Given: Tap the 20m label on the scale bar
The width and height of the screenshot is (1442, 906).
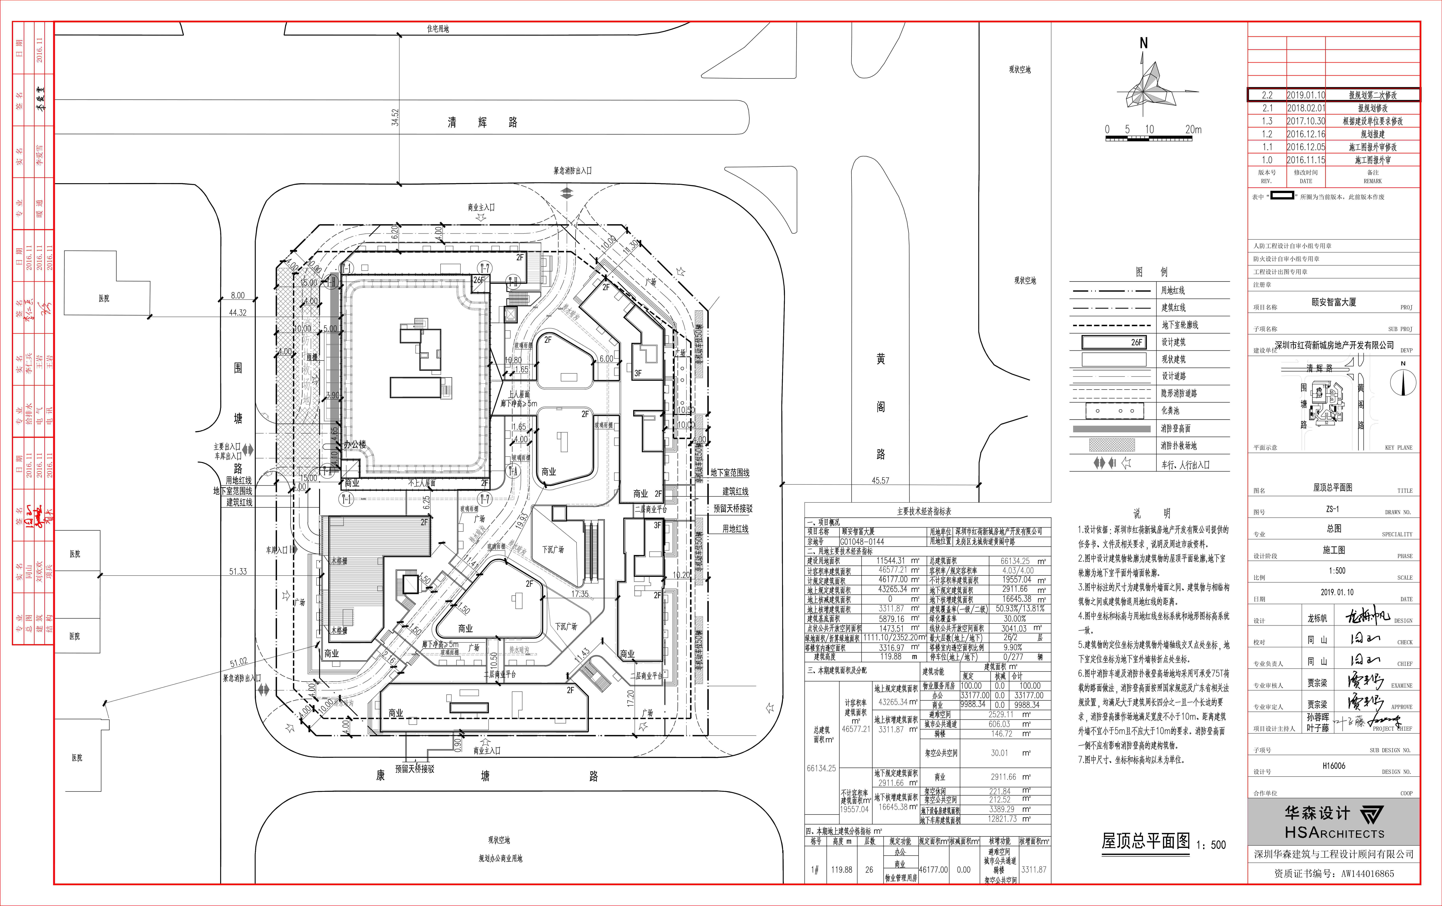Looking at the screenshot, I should pyautogui.click(x=1193, y=129).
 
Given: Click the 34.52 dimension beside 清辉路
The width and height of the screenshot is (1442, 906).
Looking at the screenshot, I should pyautogui.click(x=395, y=117).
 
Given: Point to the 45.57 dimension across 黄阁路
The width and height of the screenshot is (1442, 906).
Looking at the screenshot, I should pyautogui.click(x=880, y=480).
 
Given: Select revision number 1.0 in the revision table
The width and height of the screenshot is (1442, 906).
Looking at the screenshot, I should pyautogui.click(x=1267, y=160).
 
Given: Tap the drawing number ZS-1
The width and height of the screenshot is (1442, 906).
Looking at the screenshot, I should pyautogui.click(x=1332, y=509).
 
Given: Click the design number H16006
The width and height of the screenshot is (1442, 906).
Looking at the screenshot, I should pyautogui.click(x=1334, y=765).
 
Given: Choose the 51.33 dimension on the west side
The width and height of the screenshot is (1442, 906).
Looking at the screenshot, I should pyautogui.click(x=238, y=571).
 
